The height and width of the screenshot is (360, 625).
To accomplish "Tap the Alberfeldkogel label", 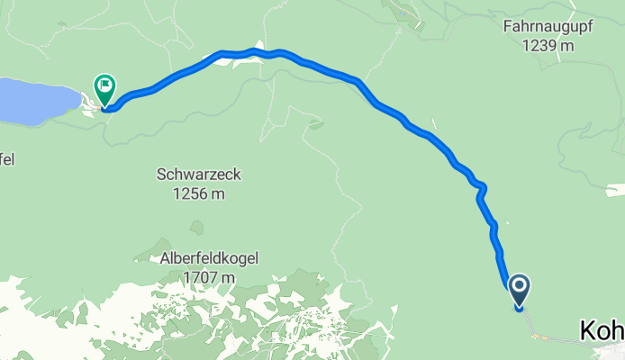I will pos(210,259).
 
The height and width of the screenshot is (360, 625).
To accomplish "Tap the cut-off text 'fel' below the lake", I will pos(6,160).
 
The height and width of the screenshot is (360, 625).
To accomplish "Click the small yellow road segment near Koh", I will pos(539,337).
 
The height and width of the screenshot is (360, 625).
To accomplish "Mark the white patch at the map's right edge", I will pos(615,191).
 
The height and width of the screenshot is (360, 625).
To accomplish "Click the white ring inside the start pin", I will pos(520,288).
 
